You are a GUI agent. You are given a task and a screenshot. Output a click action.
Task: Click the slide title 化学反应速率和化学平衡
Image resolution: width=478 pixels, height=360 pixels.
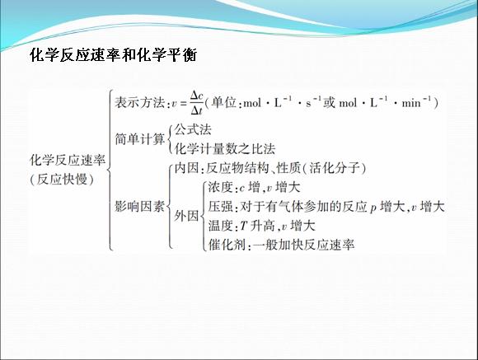(114, 55)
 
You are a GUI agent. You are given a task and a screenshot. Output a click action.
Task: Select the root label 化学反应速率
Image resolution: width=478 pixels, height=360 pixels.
(68, 160)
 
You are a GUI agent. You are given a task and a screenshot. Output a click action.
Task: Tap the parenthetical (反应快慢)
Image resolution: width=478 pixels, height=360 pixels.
(62, 180)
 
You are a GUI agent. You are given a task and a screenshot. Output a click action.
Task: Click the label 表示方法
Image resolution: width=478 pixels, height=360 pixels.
(139, 102)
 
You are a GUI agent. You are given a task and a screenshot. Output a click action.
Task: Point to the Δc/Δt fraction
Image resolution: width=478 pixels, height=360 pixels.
(196, 103)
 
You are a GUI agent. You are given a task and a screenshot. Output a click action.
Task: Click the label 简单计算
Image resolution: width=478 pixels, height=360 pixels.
(139, 139)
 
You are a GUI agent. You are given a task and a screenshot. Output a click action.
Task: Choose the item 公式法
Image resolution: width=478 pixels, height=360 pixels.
(193, 130)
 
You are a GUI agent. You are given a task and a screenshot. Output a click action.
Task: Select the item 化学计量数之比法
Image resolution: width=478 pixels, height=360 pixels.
(225, 149)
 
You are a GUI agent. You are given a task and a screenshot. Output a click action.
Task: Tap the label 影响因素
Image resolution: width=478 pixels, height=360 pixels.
(139, 207)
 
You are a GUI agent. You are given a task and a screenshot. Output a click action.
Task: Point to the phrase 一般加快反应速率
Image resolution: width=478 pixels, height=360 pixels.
(303, 245)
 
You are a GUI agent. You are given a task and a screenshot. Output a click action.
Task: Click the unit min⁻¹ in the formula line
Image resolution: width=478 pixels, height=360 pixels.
(417, 102)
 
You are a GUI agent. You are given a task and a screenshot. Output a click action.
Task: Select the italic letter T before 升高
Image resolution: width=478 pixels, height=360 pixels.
(244, 227)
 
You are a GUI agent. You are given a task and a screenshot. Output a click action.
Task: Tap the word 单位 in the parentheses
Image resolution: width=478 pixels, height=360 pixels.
(224, 102)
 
